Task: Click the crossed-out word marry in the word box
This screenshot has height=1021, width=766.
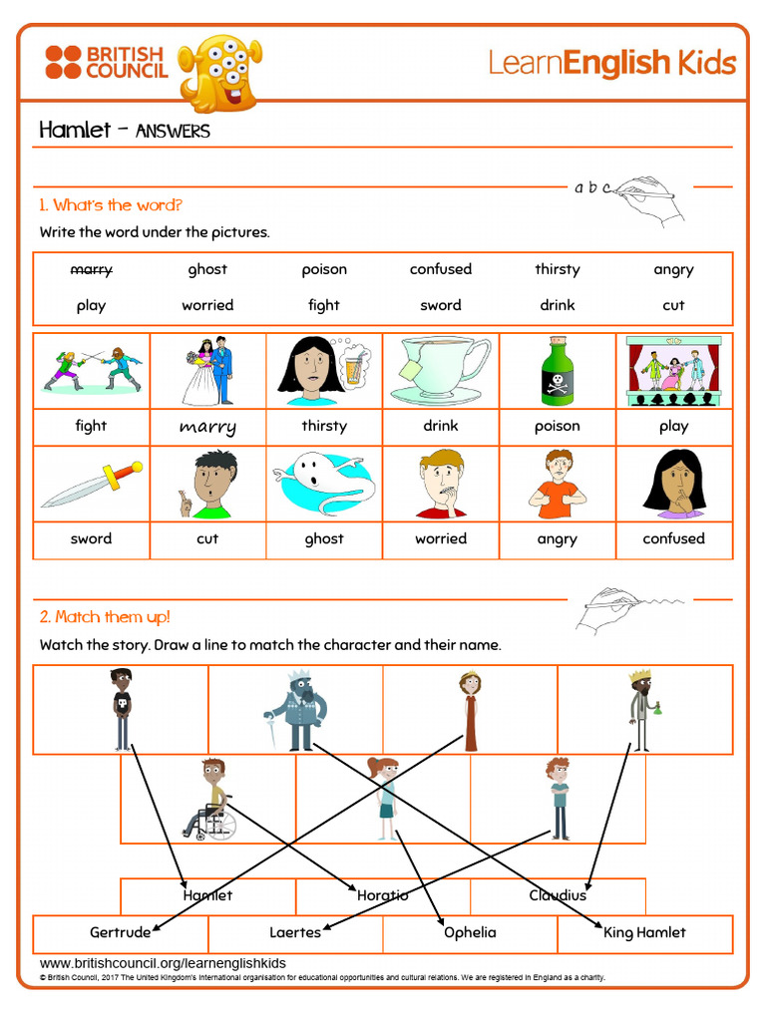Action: [91, 269]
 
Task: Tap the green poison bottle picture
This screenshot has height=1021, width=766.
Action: [557, 370]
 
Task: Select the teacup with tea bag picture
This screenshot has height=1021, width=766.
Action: [440, 369]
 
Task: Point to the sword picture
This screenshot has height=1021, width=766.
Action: [91, 485]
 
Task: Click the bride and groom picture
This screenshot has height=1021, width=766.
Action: [207, 371]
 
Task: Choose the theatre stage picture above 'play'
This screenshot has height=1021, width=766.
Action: [673, 370]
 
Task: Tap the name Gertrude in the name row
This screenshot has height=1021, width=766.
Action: [120, 932]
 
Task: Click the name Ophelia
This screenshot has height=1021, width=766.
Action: [470, 932]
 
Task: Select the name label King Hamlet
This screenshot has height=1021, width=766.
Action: [644, 932]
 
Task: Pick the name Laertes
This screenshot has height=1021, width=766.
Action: [295, 932]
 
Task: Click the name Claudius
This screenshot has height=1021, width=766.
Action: [558, 895]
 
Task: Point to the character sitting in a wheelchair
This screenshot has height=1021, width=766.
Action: [208, 800]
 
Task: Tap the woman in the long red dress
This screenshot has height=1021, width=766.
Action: [470, 710]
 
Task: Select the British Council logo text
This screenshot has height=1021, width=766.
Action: [125, 62]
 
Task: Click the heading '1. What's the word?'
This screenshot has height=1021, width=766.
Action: [111, 205]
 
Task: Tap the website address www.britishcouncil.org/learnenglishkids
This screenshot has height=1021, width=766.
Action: [163, 963]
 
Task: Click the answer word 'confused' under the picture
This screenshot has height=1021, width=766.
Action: [673, 538]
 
